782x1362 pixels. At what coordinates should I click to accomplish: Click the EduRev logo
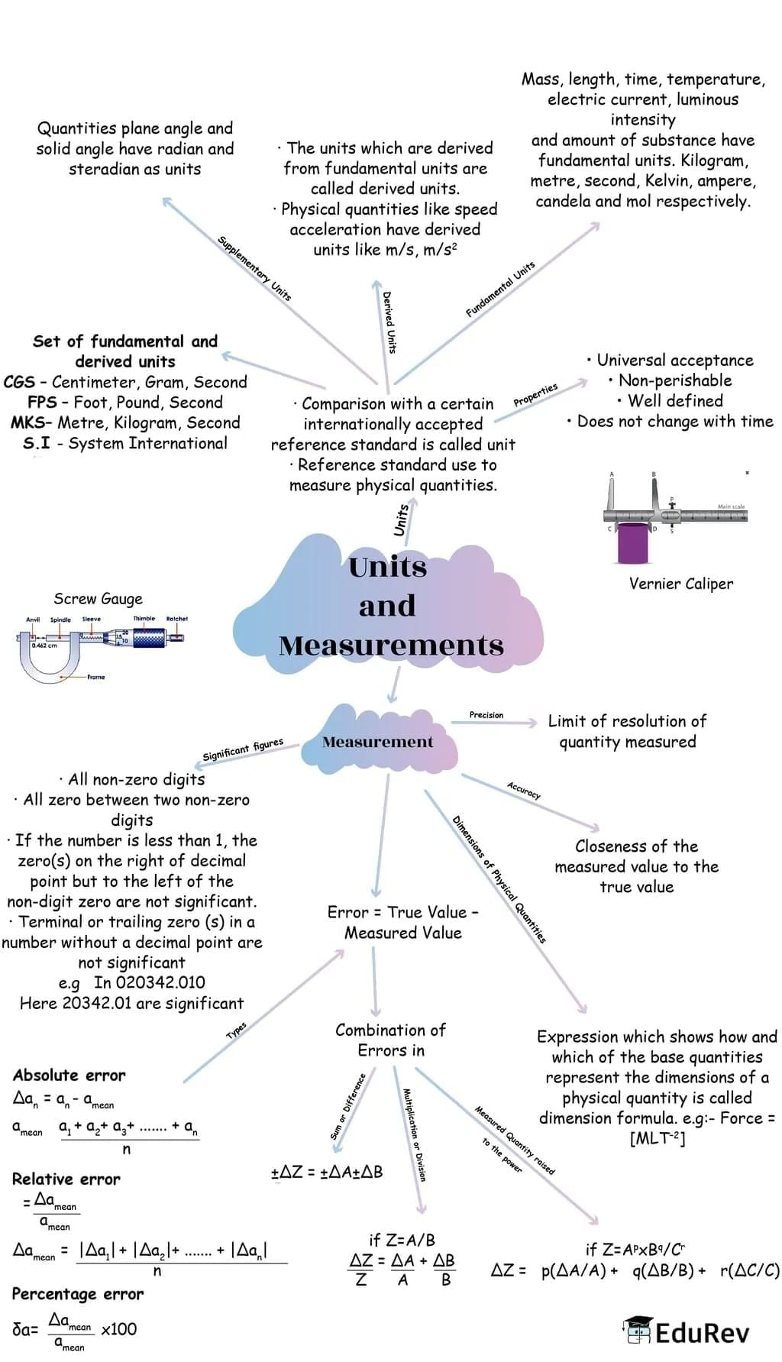point(687,1332)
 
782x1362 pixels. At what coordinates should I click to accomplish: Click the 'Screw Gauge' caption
point(98,599)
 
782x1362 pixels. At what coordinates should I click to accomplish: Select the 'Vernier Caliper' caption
point(680,584)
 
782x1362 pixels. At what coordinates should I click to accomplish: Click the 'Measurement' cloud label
point(377,742)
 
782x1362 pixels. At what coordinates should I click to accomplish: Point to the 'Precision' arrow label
point(486,715)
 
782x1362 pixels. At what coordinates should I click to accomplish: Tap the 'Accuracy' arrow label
point(524,791)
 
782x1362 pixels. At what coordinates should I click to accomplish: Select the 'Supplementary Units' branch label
point(254,267)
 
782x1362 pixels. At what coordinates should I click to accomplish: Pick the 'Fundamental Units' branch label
point(500,289)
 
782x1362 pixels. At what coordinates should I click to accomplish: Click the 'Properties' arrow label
point(535,394)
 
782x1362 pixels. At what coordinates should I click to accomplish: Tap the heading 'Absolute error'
point(69,1076)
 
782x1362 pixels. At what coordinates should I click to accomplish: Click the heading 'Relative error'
point(66,1179)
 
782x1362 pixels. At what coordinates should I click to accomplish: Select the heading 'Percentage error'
point(77,1294)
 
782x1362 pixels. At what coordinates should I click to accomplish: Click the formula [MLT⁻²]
point(657,1139)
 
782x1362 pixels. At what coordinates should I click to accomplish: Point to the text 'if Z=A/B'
point(402,1240)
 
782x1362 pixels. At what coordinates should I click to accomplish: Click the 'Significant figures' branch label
point(243,749)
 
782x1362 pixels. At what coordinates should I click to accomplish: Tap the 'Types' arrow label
point(237,1030)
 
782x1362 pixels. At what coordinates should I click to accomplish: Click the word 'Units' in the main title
point(387,567)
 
